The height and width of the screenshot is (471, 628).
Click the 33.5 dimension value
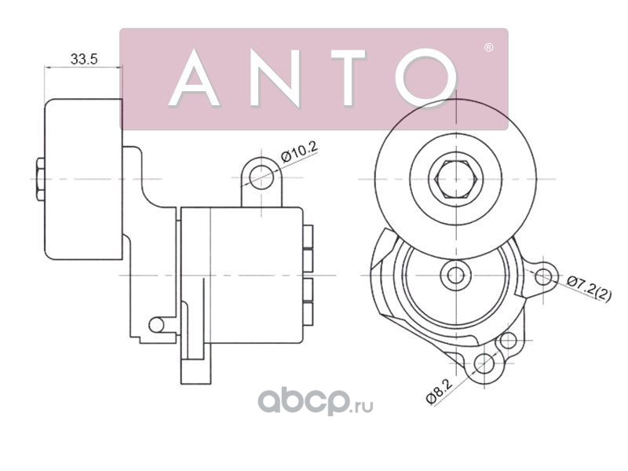pyautogui.click(x=83, y=59)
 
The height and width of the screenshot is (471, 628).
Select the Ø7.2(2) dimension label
pyautogui.click(x=590, y=288)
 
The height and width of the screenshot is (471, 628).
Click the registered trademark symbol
pyautogui.click(x=488, y=48)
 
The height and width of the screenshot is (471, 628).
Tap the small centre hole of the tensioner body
pyautogui.click(x=454, y=274)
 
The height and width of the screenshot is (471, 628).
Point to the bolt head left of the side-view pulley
pyautogui.click(x=38, y=179)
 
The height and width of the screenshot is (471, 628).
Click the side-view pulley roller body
pyautogui.click(x=82, y=179)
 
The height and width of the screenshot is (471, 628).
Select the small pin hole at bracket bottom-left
pyautogui.click(x=157, y=323)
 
